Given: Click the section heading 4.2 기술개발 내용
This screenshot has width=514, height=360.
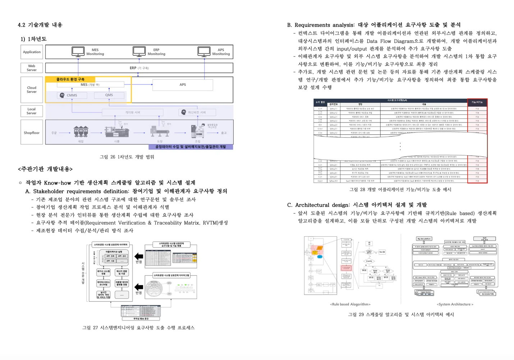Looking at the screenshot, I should pos(40,25).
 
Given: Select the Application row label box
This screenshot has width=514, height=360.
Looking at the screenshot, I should pos(32,52).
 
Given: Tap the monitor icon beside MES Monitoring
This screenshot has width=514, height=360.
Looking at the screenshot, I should pos(78,52).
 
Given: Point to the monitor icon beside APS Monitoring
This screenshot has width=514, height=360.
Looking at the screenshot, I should pos(204,52).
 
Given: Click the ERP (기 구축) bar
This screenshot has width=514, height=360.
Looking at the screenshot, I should pos(139,68).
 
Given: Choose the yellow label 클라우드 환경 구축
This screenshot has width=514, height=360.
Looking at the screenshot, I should pos(70,79).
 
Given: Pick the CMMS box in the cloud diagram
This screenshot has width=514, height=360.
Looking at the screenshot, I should pos(72,95).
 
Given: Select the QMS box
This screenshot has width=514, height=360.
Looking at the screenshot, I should pos(109,95).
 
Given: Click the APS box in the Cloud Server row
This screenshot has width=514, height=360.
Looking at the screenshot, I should pos(183,85).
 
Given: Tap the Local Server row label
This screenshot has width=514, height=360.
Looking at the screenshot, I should pos(32,111).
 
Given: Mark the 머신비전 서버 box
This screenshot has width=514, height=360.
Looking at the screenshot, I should pos(197,112).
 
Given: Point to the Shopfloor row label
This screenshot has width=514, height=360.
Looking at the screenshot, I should pos(32,133).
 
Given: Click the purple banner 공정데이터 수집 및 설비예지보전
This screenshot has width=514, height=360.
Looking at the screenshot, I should pos(191,147).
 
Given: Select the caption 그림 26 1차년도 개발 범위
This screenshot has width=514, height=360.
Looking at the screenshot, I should pos(127,157).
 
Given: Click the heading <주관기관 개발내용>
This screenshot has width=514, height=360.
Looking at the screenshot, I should pos(45,169).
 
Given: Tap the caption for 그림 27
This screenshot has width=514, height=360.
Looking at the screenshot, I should pos(138,327).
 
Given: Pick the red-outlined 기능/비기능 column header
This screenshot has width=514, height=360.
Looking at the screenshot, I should pos(477,102).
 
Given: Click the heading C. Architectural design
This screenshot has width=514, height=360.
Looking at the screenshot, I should pos(357,205).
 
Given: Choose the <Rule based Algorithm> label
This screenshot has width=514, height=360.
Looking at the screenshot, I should pos(350,304).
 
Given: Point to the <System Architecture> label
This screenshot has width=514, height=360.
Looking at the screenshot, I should pos(455,304).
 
